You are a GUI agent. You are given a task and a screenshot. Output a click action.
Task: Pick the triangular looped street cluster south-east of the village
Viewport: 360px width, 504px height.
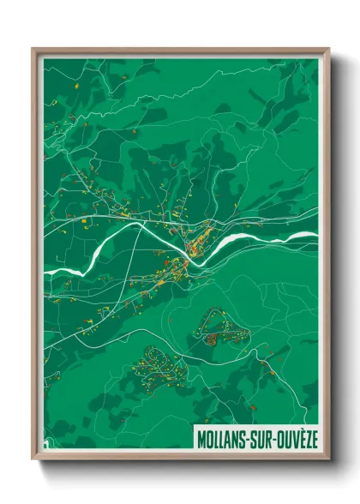222,328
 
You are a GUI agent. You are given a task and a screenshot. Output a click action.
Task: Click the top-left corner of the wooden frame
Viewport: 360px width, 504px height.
33,50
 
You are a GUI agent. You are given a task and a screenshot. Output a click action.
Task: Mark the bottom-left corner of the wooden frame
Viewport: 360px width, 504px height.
33,458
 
